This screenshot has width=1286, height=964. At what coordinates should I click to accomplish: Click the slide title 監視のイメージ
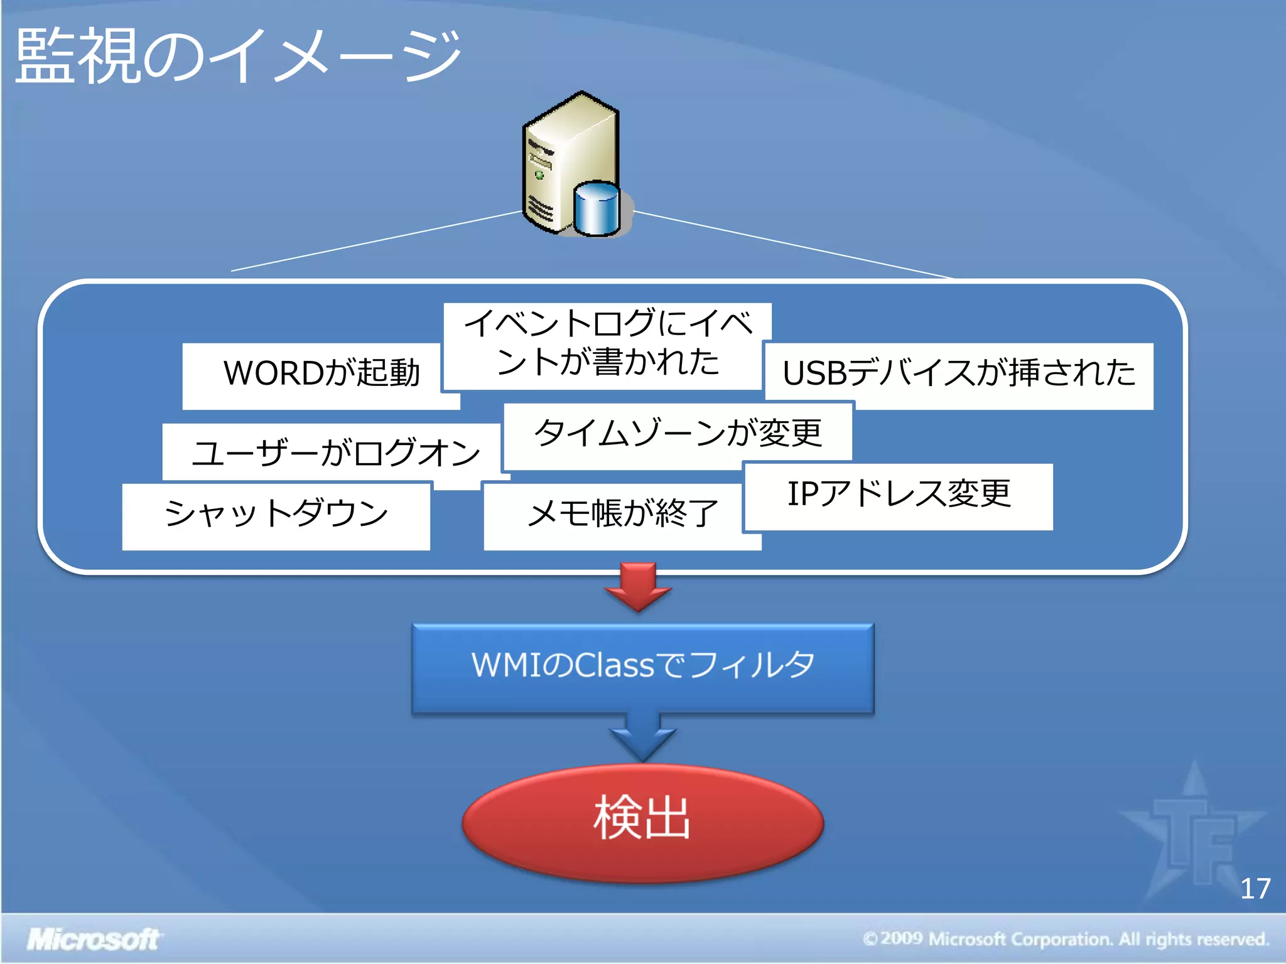237,56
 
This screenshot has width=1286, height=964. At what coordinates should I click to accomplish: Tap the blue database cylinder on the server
597,209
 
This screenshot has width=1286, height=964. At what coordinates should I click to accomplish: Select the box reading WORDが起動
321,374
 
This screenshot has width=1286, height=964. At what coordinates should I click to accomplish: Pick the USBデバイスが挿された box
958,374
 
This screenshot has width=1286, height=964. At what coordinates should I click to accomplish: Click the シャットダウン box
276,515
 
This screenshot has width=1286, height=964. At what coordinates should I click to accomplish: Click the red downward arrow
638,587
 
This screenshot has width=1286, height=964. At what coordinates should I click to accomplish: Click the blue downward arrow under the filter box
642,738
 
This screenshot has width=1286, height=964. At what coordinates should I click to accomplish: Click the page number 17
1255,889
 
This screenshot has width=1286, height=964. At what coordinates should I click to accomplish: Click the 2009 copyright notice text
1066,940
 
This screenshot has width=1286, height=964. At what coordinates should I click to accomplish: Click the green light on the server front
539,175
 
